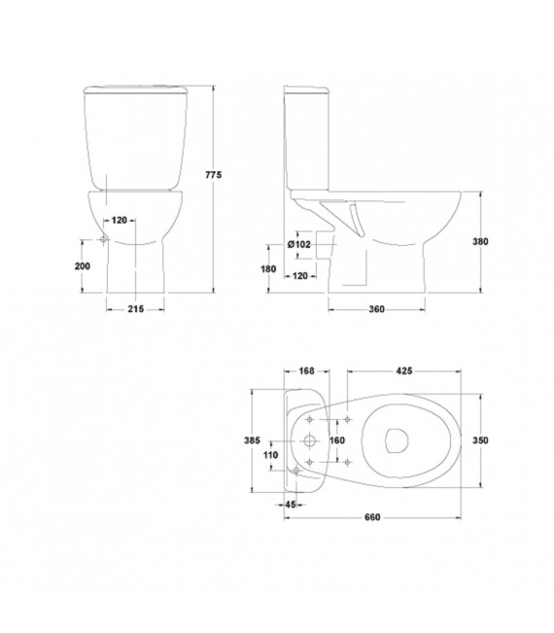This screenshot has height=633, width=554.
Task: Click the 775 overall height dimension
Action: pyautogui.click(x=214, y=175)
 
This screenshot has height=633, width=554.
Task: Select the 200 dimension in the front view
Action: pyautogui.click(x=83, y=266)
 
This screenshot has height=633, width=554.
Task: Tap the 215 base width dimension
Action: pyautogui.click(x=135, y=309)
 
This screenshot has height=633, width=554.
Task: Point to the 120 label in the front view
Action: pyautogui.click(x=119, y=220)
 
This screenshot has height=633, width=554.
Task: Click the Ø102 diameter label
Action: pyautogui.click(x=299, y=244)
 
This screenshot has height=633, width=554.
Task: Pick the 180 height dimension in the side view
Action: pyautogui.click(x=268, y=269)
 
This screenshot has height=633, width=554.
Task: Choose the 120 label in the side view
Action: pyautogui.click(x=299, y=276)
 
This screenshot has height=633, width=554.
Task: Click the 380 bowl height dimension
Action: pyautogui.click(x=480, y=241)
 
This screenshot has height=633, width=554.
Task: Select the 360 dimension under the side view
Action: pyautogui.click(x=376, y=309)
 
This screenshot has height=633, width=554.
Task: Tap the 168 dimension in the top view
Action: pyautogui.click(x=307, y=370)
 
